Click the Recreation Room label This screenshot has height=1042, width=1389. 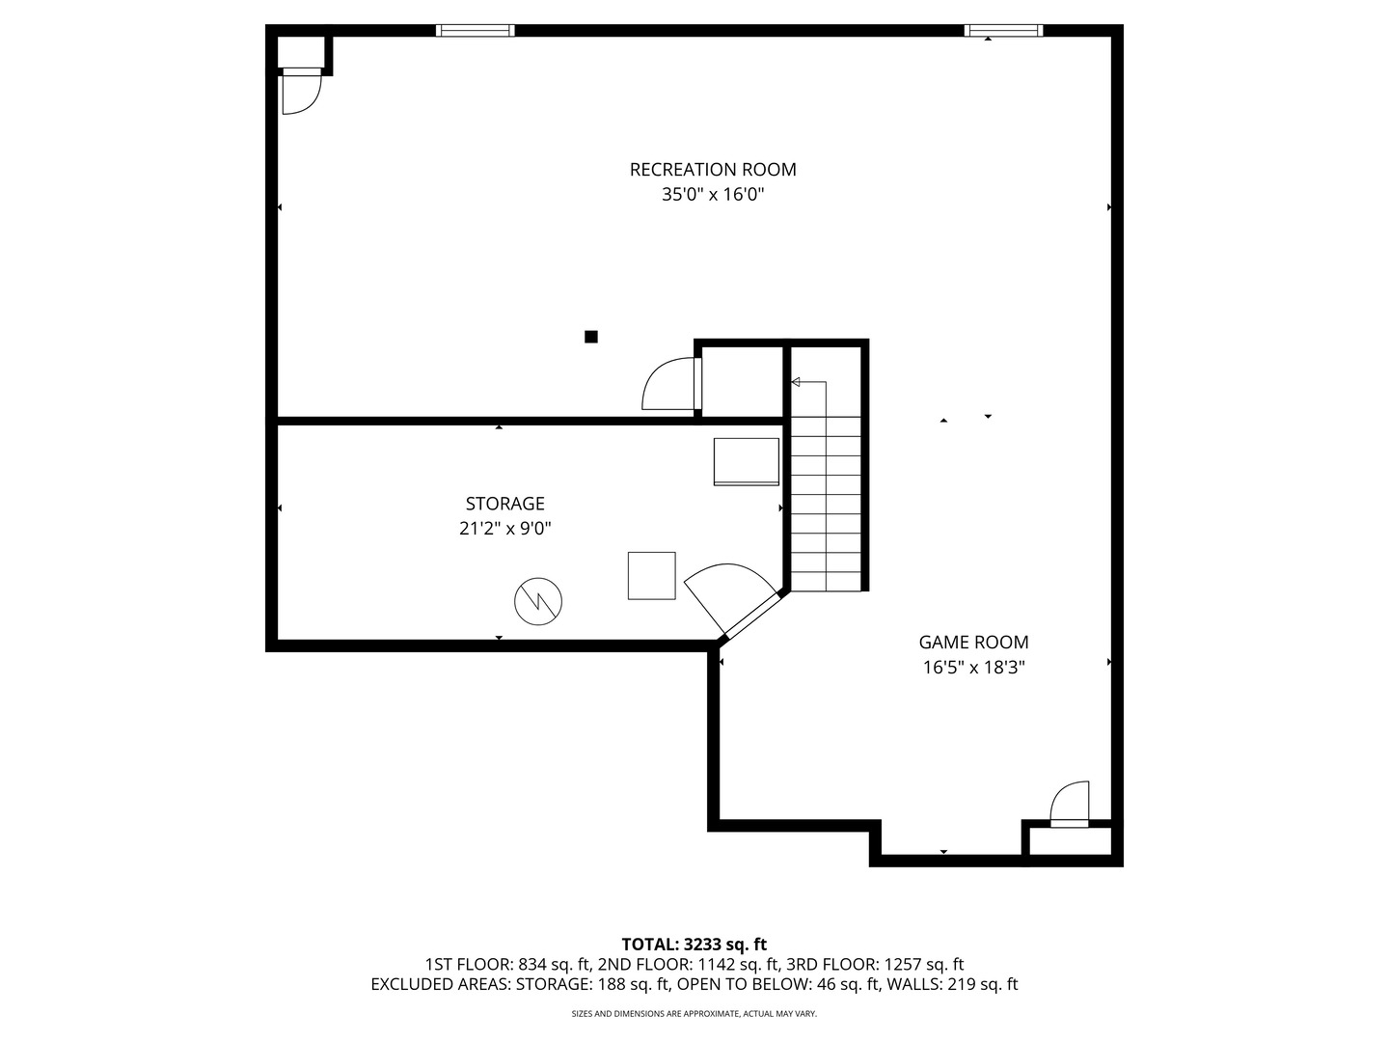713,170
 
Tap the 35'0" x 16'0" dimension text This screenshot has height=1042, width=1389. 713,195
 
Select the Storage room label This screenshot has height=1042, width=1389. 504,504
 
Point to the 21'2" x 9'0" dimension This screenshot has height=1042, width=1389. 504,529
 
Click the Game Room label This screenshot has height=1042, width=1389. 973,643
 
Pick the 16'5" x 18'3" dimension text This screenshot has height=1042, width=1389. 973,668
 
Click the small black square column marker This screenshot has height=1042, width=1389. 591,337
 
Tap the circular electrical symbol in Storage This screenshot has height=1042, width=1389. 537,601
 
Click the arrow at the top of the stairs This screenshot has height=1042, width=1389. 796,383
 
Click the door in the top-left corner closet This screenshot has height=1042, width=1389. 300,93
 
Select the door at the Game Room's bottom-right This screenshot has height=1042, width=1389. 1069,804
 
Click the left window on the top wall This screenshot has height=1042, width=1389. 475,31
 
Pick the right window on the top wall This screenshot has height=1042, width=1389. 1003,31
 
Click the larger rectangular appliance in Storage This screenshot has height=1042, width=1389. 746,462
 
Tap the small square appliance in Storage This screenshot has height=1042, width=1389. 652,576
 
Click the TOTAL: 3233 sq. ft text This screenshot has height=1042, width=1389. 694,945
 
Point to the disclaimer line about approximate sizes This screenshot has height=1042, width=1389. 694,1014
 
